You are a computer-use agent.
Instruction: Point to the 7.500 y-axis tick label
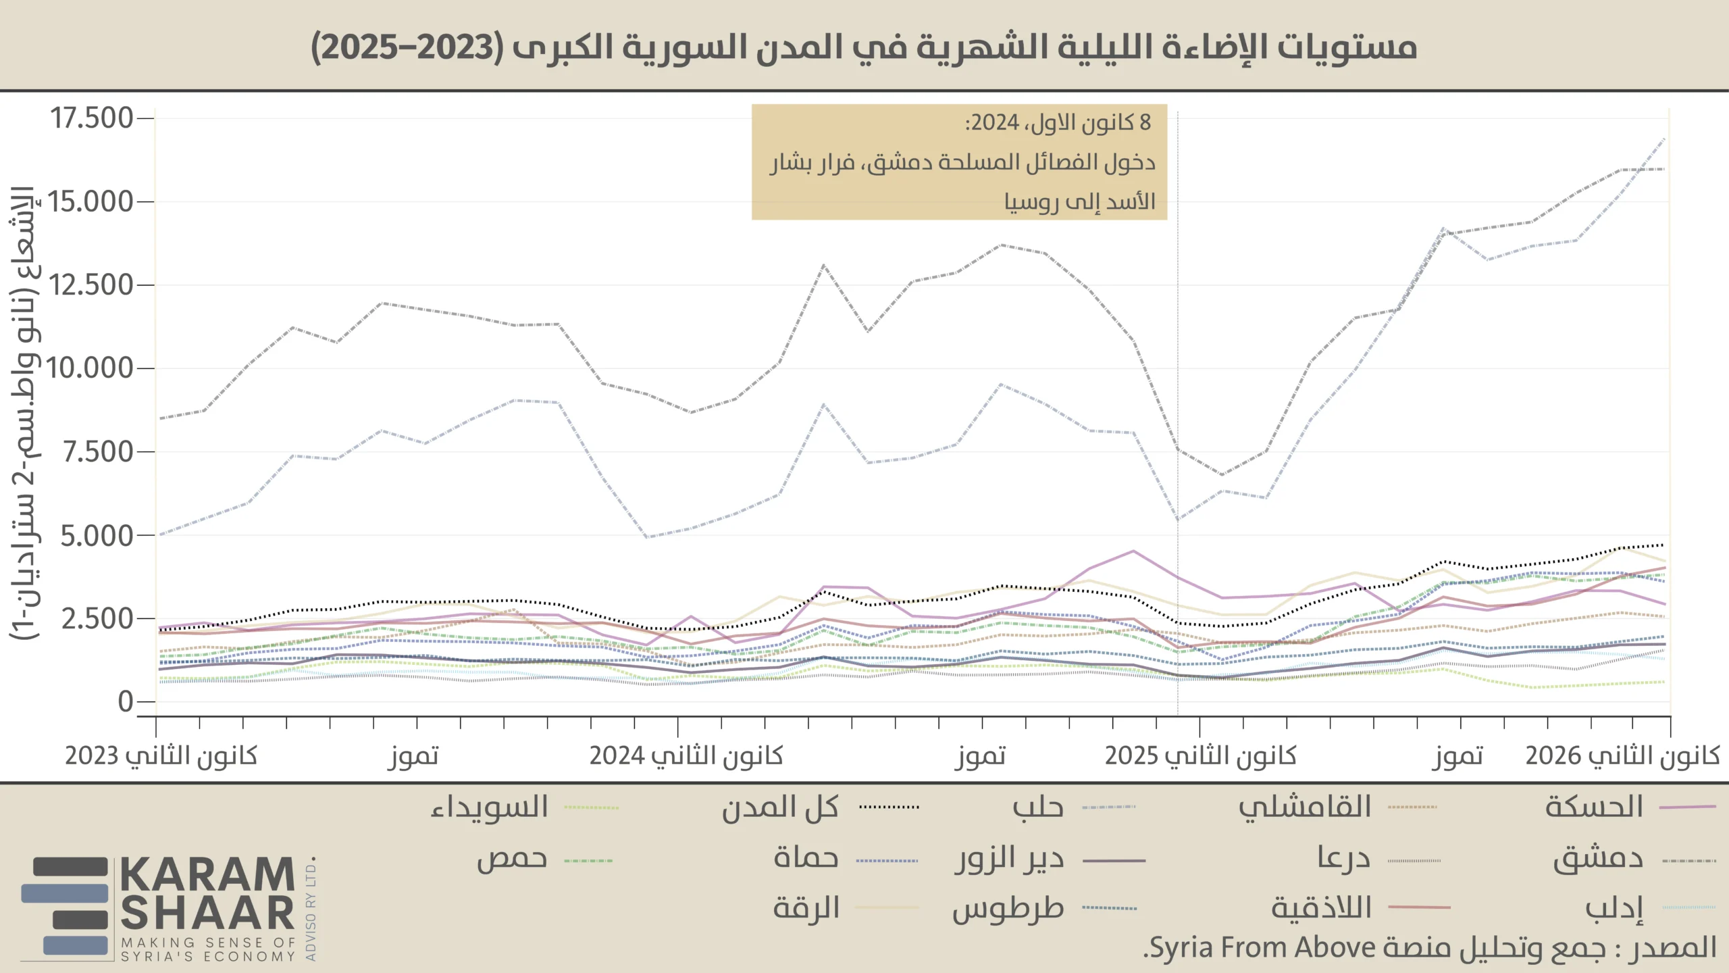coord(97,452)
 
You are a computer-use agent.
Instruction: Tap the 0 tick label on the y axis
coord(126,702)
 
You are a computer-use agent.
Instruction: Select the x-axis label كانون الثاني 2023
coord(161,755)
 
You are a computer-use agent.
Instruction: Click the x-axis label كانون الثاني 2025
coord(1200,755)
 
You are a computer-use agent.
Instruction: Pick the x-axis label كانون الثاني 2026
coord(1622,755)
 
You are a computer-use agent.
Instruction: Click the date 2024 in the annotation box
coord(996,123)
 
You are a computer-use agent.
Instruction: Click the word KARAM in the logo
coord(207,876)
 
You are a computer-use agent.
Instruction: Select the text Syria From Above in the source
coord(1262,947)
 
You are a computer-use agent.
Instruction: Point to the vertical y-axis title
coord(24,412)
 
